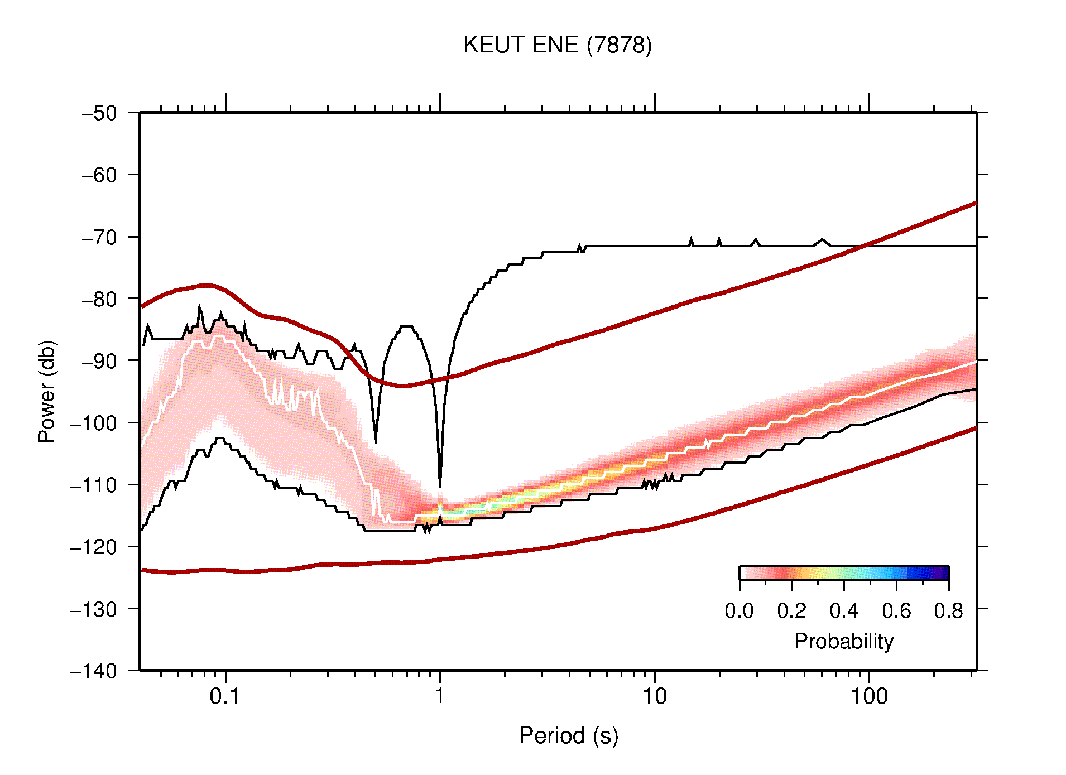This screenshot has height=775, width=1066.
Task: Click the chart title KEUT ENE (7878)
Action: coord(557,45)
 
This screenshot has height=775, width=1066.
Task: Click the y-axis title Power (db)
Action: coord(47,391)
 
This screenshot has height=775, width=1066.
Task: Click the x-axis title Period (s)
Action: coord(568,736)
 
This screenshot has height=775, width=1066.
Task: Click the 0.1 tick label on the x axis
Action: coord(225,696)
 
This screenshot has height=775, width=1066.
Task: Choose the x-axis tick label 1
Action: coord(440,696)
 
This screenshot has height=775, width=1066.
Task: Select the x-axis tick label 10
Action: coord(654,696)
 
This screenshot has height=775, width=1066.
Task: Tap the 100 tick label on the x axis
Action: coord(869,696)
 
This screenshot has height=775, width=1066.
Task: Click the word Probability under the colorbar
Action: coord(843,642)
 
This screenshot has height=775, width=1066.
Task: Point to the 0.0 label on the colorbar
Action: coord(739,611)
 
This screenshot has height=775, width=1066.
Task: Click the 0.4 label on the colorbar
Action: coord(844,611)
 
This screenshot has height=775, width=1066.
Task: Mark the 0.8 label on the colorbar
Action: coord(948,611)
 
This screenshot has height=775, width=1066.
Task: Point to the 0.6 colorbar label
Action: coord(896,611)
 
